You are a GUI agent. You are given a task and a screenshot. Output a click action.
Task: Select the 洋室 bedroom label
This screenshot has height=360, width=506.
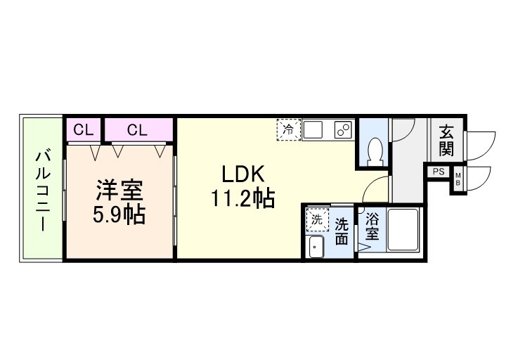[x=119, y=190]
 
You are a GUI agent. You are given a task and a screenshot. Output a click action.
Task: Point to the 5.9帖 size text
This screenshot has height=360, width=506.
[x=119, y=214]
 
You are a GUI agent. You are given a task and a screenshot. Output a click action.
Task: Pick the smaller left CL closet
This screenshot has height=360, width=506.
[x=84, y=129]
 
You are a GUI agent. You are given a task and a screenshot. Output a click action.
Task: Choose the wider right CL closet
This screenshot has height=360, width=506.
[x=138, y=129]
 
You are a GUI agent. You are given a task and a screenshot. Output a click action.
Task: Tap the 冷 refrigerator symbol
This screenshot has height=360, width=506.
[x=288, y=129]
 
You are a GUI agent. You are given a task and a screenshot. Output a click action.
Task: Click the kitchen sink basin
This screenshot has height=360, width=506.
[x=313, y=130]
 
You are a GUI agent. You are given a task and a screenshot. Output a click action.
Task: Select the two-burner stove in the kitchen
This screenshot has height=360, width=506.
[x=342, y=130]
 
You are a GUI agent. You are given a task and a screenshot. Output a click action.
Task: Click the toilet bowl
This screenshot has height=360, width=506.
[x=375, y=149]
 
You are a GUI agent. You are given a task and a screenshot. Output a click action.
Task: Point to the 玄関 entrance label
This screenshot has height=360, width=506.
[x=446, y=139]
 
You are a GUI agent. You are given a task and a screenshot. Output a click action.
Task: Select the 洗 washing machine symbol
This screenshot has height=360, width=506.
[x=316, y=219]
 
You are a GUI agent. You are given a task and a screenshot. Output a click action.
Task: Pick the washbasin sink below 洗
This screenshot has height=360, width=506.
[x=316, y=246]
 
